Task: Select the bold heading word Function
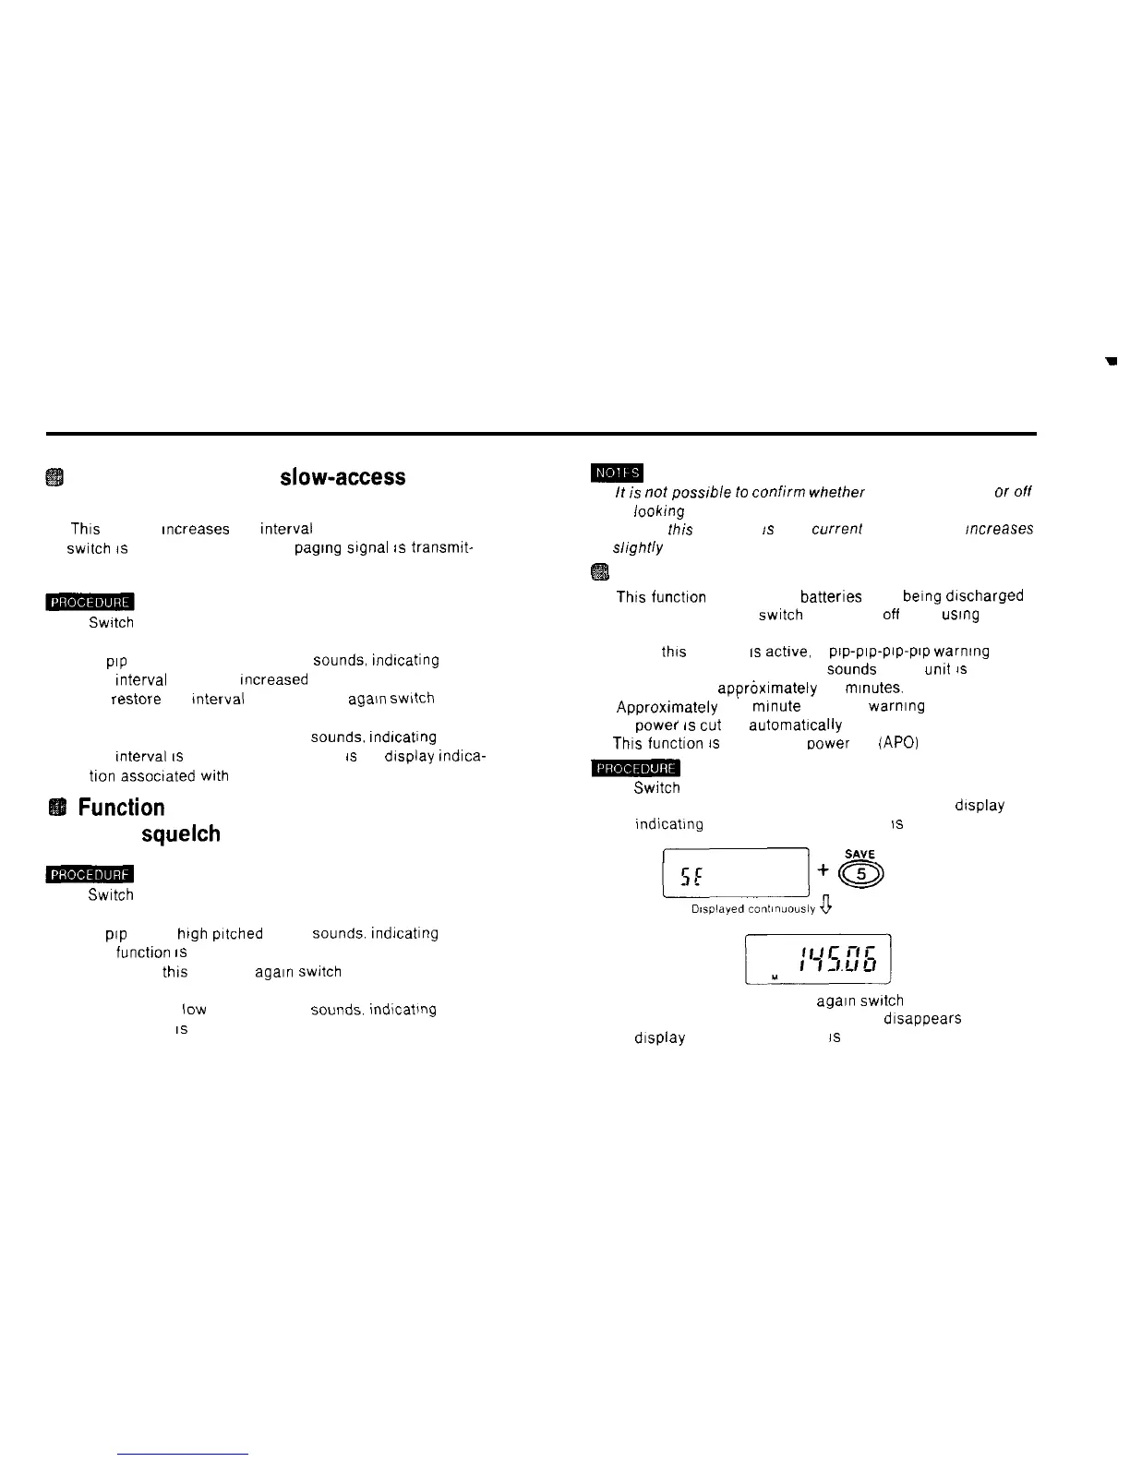point(121,808)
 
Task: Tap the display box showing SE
point(736,873)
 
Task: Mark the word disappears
point(922,1019)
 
